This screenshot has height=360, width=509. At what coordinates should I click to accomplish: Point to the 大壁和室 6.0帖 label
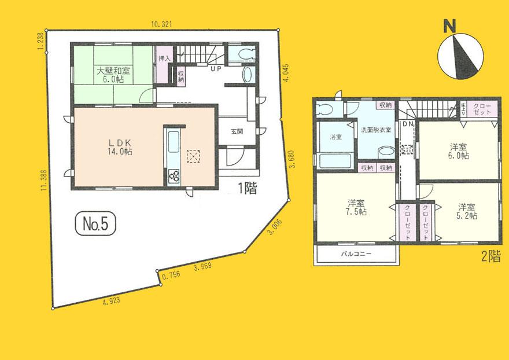[109, 75]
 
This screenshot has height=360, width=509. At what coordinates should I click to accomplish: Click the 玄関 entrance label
[237, 131]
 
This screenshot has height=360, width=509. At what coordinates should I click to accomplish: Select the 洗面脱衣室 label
[376, 130]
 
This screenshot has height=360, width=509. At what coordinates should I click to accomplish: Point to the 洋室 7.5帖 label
[356, 207]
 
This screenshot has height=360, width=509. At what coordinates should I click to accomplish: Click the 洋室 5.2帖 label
[467, 211]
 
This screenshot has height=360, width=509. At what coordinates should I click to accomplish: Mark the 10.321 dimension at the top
[162, 24]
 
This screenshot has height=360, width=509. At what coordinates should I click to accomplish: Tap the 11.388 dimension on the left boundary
[43, 183]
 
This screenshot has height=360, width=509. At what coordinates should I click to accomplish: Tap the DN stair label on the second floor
[407, 124]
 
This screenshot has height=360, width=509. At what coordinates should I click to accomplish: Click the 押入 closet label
[164, 58]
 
